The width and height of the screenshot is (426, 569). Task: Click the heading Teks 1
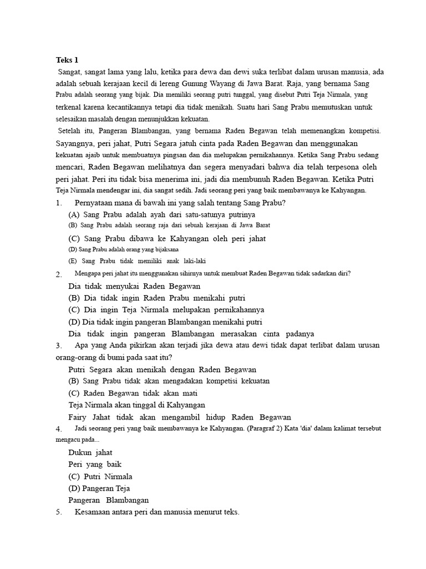pos(67,60)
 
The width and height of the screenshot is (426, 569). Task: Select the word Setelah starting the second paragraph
pos(73,131)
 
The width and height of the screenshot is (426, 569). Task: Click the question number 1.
pos(58,203)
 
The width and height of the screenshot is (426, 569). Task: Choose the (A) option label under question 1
pos(74,214)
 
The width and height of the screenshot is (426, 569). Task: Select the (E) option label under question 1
pos(73,261)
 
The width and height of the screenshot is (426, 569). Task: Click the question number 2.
pos(58,274)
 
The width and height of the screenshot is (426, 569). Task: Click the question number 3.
pos(58,346)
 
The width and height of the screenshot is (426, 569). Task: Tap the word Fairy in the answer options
pos(78,417)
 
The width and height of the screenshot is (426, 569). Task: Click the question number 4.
pos(58,430)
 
